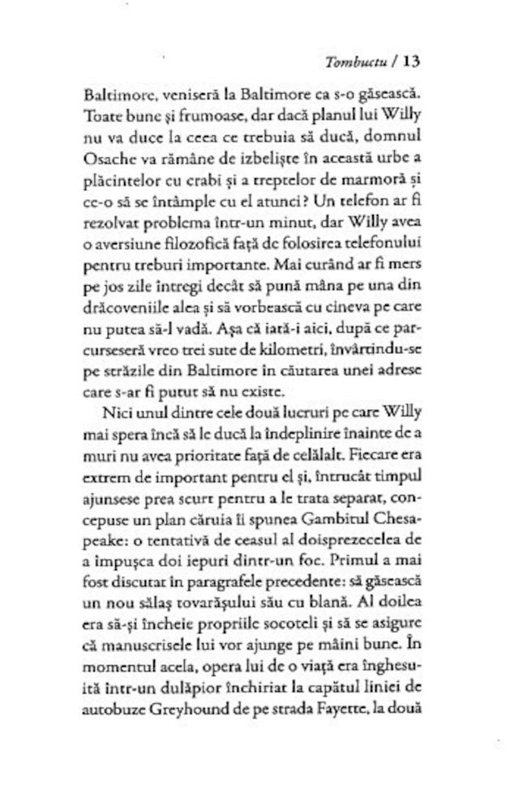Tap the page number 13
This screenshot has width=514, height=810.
coord(409,61)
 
